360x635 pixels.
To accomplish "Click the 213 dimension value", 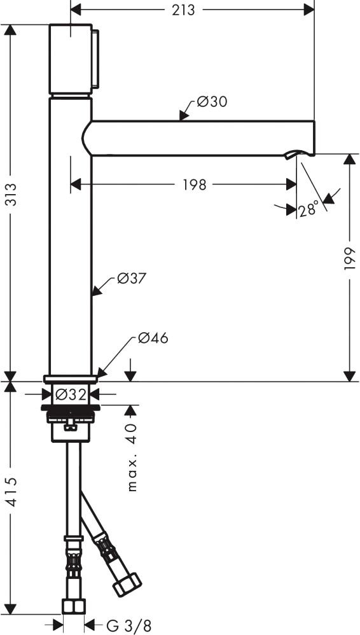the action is pos(183,10).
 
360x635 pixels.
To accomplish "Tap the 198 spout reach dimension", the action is pos(195,185).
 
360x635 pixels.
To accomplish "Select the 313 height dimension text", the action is pos(11,195).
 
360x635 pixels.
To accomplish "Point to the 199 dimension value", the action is pos(349,258).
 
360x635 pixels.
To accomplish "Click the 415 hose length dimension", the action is pos(11,492).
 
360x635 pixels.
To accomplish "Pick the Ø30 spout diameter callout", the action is pos(212,102).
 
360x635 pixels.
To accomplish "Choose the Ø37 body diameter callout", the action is pos(131,279).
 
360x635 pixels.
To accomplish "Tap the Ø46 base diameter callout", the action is pos(153,338).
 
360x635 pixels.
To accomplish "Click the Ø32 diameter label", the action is pos(71,394).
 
